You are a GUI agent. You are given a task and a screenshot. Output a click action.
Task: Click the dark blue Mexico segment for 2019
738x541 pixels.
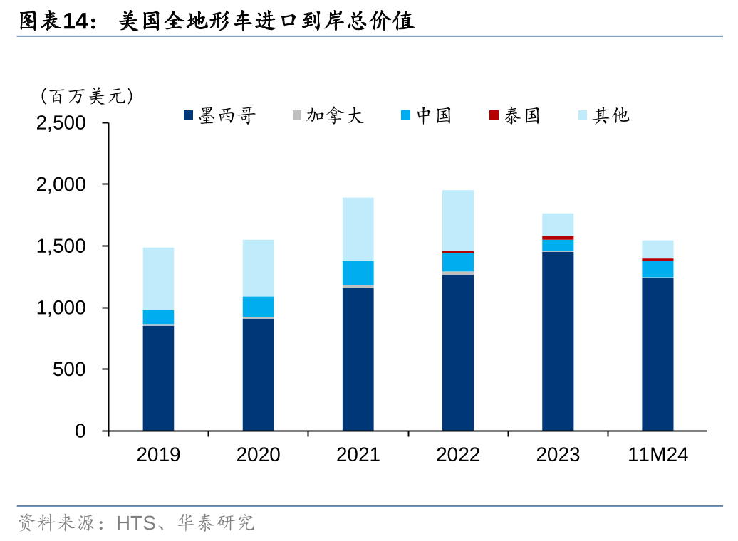pyautogui.click(x=158, y=378)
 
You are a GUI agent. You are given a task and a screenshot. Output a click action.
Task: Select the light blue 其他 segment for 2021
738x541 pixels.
pyautogui.click(x=358, y=229)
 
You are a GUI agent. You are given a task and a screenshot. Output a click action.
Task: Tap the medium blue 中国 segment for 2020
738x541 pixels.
pyautogui.click(x=258, y=306)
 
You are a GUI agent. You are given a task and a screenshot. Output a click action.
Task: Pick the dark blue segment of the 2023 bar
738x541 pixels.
pyautogui.click(x=558, y=341)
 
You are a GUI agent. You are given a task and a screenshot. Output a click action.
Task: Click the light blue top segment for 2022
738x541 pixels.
pyautogui.click(x=458, y=220)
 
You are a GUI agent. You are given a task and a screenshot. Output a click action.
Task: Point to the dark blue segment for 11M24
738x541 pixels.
pyautogui.click(x=658, y=354)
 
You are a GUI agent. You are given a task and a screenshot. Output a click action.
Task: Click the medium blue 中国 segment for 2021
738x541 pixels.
pyautogui.click(x=358, y=273)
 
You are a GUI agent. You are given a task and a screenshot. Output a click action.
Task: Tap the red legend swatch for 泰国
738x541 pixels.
pyautogui.click(x=494, y=115)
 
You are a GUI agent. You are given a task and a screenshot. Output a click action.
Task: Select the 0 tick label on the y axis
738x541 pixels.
pyautogui.click(x=80, y=431)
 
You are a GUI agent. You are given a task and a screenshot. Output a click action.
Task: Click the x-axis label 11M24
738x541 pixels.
pyautogui.click(x=658, y=455)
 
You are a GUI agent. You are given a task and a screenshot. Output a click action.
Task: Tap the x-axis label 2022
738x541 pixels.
pyautogui.click(x=458, y=455)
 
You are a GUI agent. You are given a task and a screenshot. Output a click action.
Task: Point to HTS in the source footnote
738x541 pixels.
pyautogui.click(x=135, y=524)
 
